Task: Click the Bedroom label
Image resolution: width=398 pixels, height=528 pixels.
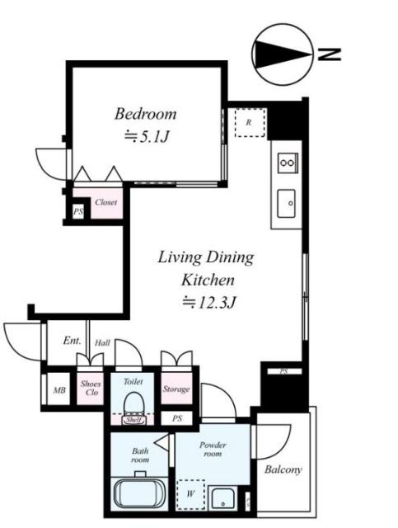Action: pos(145,114)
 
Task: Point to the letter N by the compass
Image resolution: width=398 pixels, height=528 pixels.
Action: pos(330,54)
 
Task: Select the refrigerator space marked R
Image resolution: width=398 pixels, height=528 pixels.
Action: pos(250,123)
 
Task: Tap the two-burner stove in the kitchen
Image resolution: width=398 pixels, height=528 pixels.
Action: pos(288,163)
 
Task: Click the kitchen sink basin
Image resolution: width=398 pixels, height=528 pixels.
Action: pos(286,204)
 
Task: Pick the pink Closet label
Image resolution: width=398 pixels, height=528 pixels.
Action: pos(106,202)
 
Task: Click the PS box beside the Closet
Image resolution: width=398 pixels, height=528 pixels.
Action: pos(78,212)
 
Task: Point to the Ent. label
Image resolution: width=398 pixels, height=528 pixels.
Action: pos(73,341)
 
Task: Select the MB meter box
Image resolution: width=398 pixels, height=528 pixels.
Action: pos(59,389)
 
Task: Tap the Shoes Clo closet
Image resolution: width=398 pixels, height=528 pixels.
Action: pos(90,388)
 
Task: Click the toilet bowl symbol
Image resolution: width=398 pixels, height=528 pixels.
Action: pos(133,403)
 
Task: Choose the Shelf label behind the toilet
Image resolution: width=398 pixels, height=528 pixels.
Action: pos(133,420)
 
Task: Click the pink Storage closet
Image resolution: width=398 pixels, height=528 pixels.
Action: pos(176,389)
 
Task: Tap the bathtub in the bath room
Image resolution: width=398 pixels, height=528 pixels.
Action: pos(139,494)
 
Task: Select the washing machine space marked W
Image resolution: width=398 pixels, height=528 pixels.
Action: pos(190,493)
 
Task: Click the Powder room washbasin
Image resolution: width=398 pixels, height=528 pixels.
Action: pos(222,498)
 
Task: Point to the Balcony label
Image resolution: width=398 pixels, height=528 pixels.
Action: pos(283,469)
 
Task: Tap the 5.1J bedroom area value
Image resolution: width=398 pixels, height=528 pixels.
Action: pos(146,136)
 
